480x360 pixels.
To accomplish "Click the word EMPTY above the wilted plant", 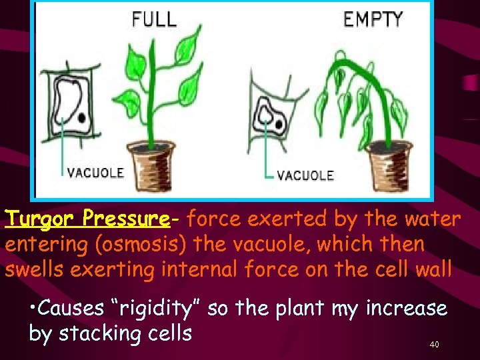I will click(x=373, y=19).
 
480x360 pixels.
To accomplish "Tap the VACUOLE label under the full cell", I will click(x=95, y=172).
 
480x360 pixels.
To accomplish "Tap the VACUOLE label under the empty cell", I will click(x=305, y=175).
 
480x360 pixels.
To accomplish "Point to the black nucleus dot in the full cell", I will click(x=81, y=117).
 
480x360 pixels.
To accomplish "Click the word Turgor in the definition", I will click(x=39, y=218).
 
